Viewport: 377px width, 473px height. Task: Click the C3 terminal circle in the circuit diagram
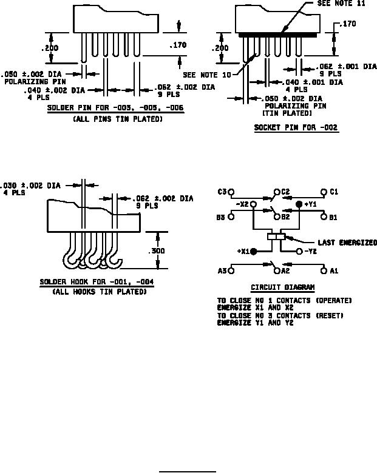point(231,192)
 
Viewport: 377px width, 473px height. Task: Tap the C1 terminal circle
point(324,192)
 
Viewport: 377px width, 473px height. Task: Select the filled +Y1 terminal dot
point(299,204)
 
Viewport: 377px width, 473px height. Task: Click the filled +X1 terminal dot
point(254,251)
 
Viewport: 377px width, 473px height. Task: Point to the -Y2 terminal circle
point(299,251)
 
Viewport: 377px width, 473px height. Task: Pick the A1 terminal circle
point(324,270)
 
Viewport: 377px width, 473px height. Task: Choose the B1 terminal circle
point(324,217)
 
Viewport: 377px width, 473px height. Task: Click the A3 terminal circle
point(231,270)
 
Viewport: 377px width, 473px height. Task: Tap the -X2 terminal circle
point(254,204)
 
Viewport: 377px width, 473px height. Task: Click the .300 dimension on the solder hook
point(157,250)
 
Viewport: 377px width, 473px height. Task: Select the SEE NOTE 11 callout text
point(341,3)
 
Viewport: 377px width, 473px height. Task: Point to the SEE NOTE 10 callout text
point(207,75)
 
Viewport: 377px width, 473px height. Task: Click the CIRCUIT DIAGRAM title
point(282,287)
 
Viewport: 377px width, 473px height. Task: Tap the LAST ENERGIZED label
point(347,243)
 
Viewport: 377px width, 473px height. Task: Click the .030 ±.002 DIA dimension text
point(30,185)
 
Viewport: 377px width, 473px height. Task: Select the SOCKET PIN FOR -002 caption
point(296,127)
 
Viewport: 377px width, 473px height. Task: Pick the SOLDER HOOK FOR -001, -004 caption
point(97,282)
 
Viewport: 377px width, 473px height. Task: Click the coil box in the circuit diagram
point(276,236)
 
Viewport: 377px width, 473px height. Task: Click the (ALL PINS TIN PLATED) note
point(118,119)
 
